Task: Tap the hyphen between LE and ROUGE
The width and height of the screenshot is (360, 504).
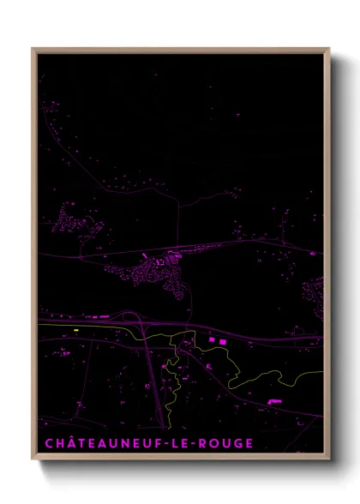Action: [x=194, y=444]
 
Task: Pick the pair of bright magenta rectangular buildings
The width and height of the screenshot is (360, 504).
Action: [x=219, y=342]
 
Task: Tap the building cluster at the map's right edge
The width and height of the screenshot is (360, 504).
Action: [x=315, y=295]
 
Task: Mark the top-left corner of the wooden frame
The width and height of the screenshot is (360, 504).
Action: [x=33, y=49]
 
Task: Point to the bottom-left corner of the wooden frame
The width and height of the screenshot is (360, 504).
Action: [x=33, y=460]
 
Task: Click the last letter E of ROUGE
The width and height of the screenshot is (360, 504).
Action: [x=249, y=443]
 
